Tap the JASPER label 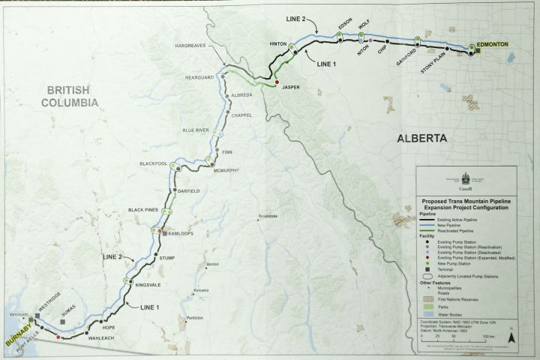click(x=291, y=87)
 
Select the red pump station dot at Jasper click(x=277, y=82)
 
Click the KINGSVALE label click(x=148, y=284)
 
